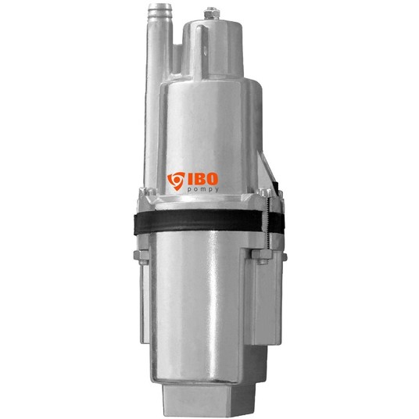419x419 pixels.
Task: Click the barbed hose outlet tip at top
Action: (159, 11)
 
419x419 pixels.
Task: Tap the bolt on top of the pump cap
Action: (211, 14)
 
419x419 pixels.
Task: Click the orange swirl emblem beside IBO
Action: (176, 181)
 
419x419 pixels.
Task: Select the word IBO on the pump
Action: (202, 179)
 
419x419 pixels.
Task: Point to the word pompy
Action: (202, 190)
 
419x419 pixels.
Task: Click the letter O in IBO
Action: (213, 179)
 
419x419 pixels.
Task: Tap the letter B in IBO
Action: (199, 179)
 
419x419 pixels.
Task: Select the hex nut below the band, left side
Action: (141, 256)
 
